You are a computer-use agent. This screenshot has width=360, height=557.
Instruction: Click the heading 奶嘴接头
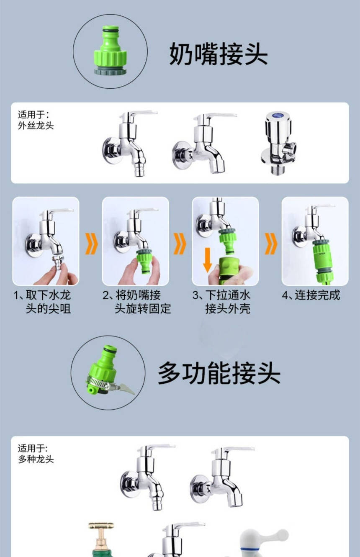coord(219,54)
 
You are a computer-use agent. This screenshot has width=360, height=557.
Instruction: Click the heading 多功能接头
coord(219,373)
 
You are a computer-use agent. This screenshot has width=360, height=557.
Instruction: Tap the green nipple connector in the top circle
coord(110,51)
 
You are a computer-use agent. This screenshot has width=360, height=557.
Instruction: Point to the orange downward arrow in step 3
coord(208,260)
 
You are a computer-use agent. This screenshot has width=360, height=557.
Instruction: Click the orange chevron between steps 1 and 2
coord(91,244)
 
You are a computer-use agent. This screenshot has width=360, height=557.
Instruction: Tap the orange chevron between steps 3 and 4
coord(271,244)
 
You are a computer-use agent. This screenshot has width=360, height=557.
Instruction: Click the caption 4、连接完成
coord(311,295)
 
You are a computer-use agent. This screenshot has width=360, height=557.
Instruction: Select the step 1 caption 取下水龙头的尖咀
coord(42,302)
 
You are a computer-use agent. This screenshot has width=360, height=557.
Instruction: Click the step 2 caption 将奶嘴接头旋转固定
coord(136,302)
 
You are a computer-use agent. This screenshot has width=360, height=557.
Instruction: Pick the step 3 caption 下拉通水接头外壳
coord(221,302)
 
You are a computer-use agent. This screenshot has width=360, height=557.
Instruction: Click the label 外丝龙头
coord(36,126)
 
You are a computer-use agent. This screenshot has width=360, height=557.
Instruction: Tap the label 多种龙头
coord(36,459)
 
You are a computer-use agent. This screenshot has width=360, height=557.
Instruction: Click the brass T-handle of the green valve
coord(101,526)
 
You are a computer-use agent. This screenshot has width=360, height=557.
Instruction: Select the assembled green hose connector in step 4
coord(321,262)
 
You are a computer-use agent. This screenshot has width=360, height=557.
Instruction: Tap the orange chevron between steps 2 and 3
coord(180,244)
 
